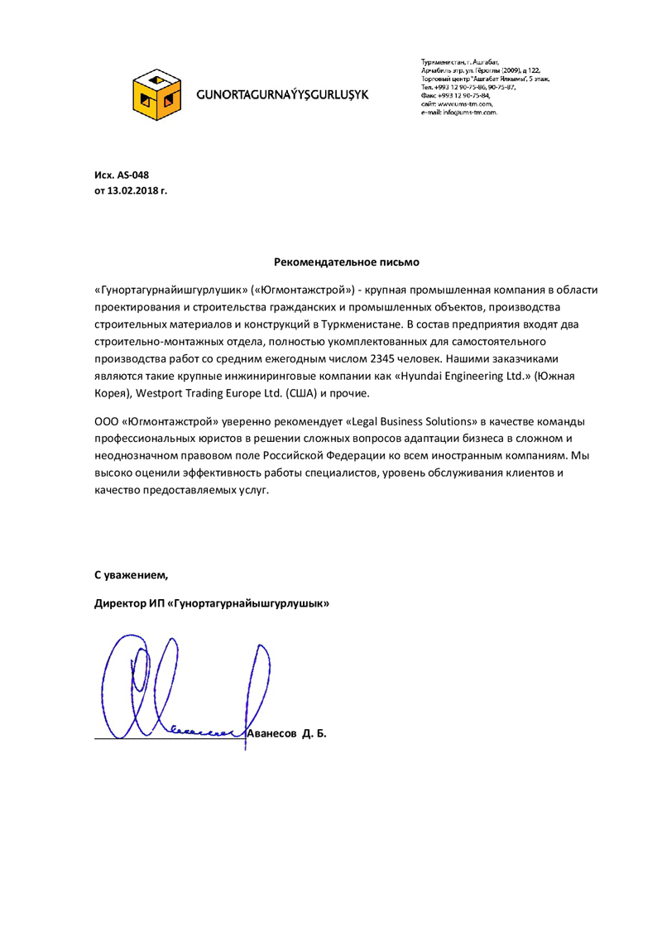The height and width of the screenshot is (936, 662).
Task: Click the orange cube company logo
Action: click(x=157, y=92)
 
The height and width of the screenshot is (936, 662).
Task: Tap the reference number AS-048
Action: click(x=132, y=175)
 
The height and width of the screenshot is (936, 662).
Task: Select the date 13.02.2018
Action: click(x=131, y=191)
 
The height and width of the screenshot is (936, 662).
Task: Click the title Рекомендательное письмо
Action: click(x=347, y=262)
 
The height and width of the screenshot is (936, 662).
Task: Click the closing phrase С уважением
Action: click(x=131, y=574)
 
